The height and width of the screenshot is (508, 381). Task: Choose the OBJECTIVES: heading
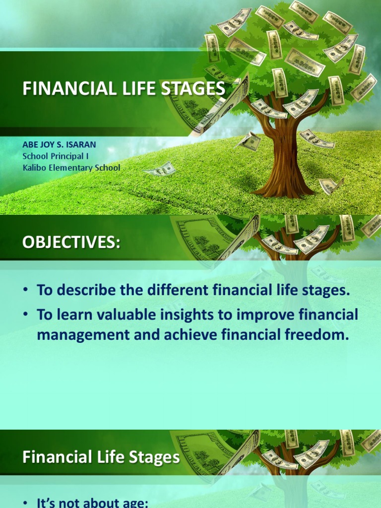[71, 243]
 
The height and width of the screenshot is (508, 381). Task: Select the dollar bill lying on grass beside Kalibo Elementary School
[160, 170]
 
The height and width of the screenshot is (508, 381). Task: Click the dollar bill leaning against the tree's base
[329, 186]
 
